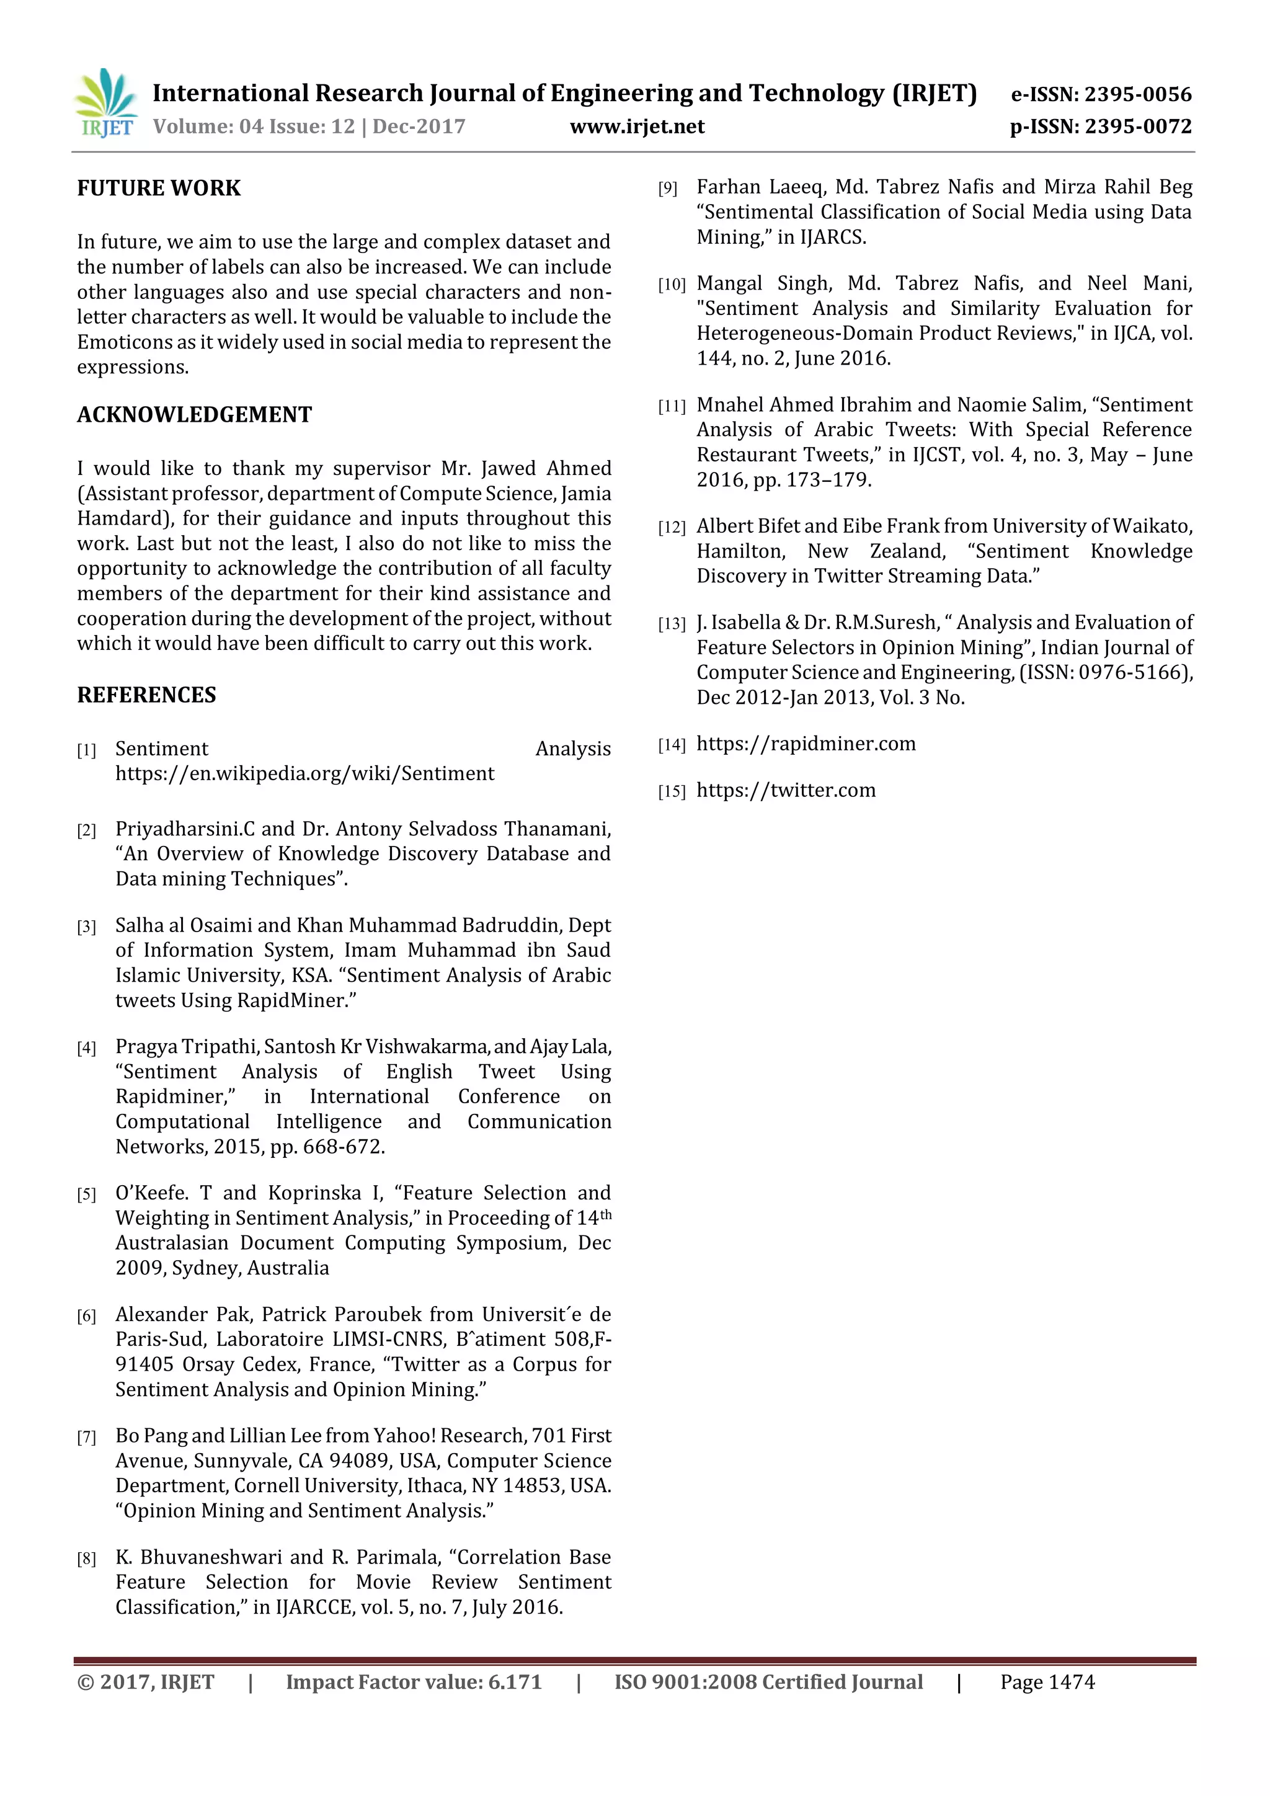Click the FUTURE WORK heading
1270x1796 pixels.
(x=159, y=189)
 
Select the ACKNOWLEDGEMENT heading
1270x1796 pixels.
(x=194, y=415)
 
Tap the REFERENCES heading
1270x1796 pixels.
(x=146, y=695)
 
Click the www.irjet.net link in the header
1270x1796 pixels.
(x=637, y=127)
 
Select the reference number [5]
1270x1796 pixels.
(x=86, y=1194)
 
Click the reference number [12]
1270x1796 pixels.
(x=671, y=528)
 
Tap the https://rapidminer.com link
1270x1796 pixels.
(x=806, y=744)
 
